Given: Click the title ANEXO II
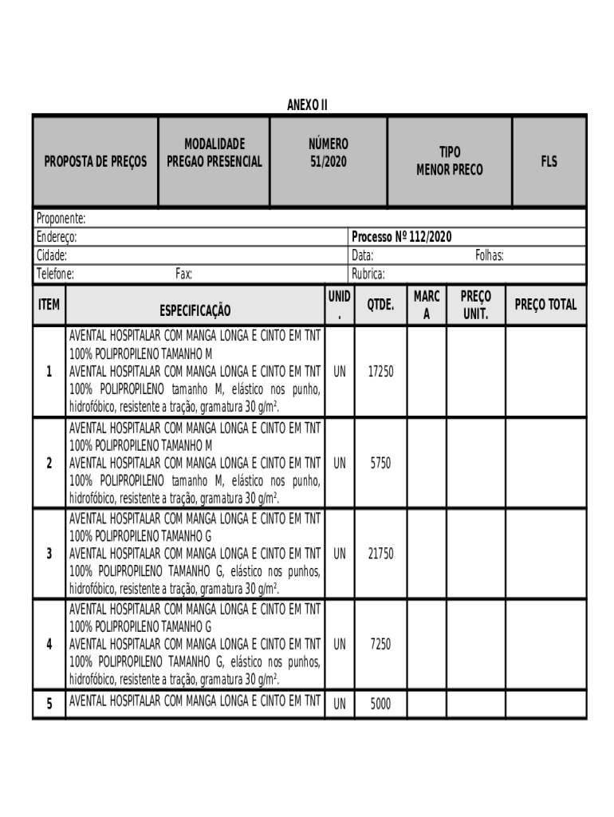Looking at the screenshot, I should pos(307,105).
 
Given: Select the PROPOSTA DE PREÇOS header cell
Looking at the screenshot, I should pos(95,162).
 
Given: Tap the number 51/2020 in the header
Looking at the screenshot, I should pos(328,162).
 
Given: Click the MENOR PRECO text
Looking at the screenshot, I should pos(449,170).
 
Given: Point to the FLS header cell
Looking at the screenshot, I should pos(549,162).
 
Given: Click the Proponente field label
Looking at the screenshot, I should pos(61,218).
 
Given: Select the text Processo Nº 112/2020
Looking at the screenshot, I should pos(402,237).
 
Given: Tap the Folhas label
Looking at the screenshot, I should pos(489,256).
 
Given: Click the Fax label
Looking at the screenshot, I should pos(183,274).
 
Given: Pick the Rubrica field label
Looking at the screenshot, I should pos(368,274).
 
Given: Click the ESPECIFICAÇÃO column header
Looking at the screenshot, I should pos(195,310).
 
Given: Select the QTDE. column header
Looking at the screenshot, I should pos(380,305).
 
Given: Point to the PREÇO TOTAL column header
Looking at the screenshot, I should pos(545,305).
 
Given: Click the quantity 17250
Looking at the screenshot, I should pos(380,372).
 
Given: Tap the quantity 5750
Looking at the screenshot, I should pos(380,463).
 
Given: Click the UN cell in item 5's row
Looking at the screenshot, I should pos(340,705).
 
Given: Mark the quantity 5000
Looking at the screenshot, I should pos(380,705).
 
